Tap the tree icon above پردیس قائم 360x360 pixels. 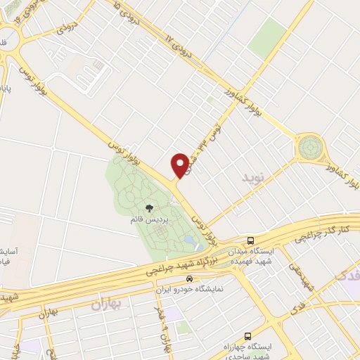149,207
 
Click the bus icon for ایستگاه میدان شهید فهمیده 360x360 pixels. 252,240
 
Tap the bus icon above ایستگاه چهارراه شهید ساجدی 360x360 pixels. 247,337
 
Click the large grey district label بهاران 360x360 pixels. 108,303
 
